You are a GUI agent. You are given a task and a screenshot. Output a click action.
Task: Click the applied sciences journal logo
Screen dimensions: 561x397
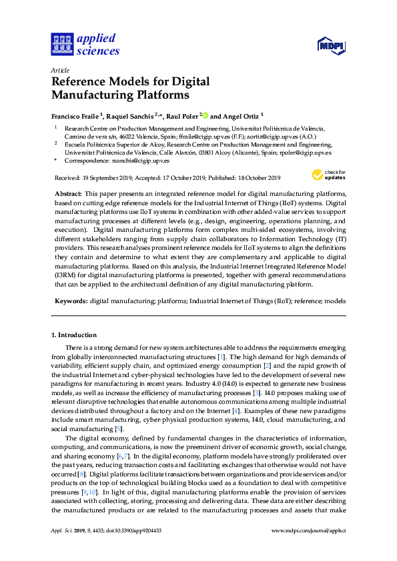pyautogui.click(x=85, y=44)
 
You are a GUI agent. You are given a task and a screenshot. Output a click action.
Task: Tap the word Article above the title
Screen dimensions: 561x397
pyautogui.click(x=61, y=70)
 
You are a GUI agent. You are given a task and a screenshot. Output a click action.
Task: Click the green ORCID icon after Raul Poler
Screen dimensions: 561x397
pyautogui.click(x=204, y=115)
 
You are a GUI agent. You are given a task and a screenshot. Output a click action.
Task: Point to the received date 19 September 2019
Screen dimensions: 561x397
pyautogui.click(x=107, y=178)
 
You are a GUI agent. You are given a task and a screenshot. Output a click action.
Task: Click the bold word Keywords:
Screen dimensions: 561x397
pyautogui.click(x=71, y=302)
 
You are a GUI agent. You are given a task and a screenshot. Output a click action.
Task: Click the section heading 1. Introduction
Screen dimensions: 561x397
pyautogui.click(x=74, y=335)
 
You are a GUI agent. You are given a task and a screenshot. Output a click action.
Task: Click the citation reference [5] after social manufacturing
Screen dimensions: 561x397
pyautogui.click(x=119, y=428)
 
